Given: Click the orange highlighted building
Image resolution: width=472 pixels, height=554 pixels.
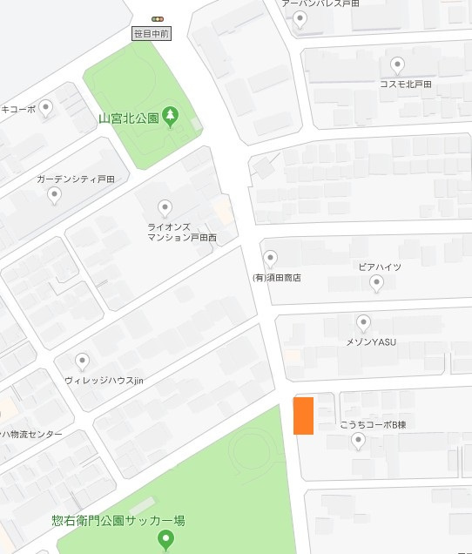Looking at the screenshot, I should [303, 415].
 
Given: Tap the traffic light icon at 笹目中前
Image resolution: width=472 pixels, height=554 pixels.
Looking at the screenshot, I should [158, 18].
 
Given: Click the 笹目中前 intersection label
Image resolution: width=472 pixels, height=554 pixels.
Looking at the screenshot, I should [152, 34].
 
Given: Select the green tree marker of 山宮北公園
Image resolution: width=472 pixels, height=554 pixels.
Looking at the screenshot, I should [171, 116].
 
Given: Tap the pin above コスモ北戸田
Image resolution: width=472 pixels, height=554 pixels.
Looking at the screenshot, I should [398, 64].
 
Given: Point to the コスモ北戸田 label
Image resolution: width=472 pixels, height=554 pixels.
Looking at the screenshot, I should [405, 84].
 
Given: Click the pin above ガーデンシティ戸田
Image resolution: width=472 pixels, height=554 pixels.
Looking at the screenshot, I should [55, 195].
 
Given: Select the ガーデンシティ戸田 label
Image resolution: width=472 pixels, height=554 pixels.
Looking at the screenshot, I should [76, 179].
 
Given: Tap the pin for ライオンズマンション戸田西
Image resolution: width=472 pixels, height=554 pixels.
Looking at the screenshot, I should [165, 207].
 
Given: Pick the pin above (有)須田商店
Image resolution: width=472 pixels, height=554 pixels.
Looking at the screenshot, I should [271, 258].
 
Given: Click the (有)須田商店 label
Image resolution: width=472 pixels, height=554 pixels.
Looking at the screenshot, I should [276, 278].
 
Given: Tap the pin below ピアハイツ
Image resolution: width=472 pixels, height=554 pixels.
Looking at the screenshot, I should [376, 282].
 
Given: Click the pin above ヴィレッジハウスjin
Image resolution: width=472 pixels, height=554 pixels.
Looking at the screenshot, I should [83, 361].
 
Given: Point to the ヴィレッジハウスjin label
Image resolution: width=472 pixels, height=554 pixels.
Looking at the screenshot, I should [103, 382].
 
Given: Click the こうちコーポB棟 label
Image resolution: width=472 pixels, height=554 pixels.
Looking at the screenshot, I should [374, 425].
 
